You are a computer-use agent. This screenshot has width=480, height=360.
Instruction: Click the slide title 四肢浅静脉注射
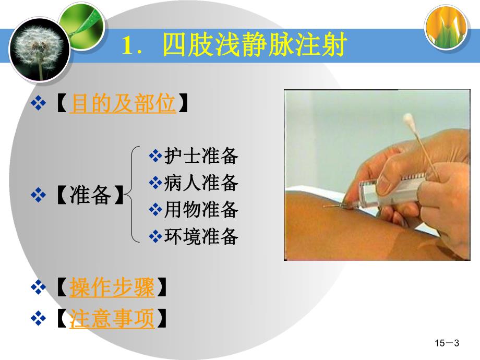click(254, 45)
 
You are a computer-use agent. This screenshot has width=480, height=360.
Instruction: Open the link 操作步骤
click(112, 287)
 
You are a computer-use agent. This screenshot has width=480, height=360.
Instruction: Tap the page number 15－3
click(447, 343)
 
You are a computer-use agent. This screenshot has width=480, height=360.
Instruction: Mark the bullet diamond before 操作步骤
click(39, 287)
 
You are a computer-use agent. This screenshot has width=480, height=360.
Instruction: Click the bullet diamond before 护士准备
click(155, 155)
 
